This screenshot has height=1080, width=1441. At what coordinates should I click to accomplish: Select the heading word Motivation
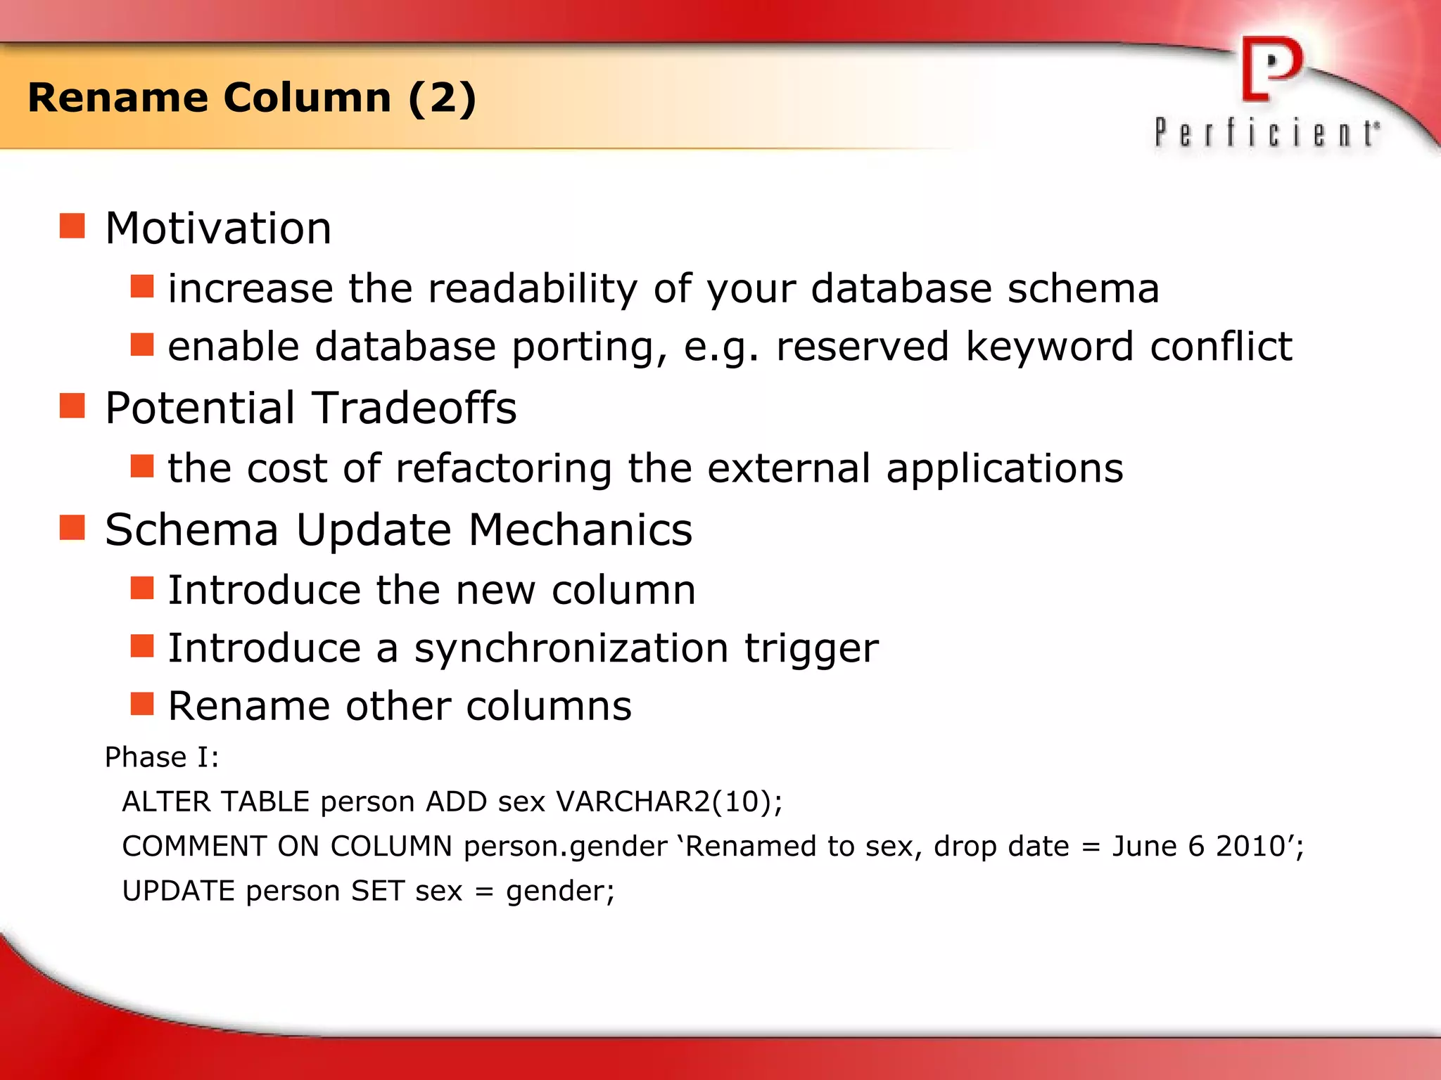pyautogui.click(x=218, y=229)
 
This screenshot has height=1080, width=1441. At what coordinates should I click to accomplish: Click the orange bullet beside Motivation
pyautogui.click(x=72, y=226)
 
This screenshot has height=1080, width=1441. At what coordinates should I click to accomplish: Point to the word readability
pyautogui.click(x=532, y=288)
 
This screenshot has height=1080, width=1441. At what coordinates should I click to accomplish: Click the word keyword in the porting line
pyautogui.click(x=1050, y=346)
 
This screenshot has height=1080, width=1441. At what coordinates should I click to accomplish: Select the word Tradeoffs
pyautogui.click(x=414, y=408)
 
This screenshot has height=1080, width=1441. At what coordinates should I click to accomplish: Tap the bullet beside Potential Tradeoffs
pyautogui.click(x=72, y=406)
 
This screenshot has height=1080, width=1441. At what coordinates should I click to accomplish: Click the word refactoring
pyautogui.click(x=504, y=468)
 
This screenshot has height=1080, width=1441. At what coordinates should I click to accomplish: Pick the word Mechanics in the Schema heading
pyautogui.click(x=580, y=529)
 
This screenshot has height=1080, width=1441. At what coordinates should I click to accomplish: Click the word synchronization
pyautogui.click(x=571, y=648)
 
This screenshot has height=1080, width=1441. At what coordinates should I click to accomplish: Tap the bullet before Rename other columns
pyautogui.click(x=142, y=703)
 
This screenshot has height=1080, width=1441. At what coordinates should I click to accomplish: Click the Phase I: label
pyautogui.click(x=162, y=757)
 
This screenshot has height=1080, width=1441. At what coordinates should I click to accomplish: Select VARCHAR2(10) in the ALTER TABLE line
pyautogui.click(x=668, y=802)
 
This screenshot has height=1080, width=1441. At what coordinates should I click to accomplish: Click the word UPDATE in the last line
pyautogui.click(x=178, y=891)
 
